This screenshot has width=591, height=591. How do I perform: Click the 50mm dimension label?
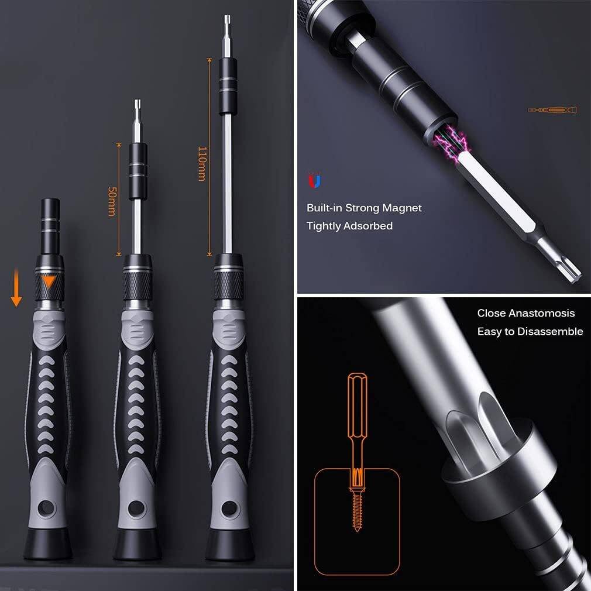click(112, 201)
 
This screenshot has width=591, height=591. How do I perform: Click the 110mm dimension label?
click(202, 164)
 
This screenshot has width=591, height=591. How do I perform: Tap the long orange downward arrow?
click(16, 287)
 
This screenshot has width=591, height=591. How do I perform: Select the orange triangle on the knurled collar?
click(49, 281)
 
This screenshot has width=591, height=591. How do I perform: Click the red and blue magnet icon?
click(314, 181)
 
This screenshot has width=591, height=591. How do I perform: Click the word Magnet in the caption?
click(402, 208)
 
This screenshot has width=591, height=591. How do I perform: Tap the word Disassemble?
click(550, 332)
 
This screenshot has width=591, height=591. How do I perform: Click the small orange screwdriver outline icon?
click(552, 110)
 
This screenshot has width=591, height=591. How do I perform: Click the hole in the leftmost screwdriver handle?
click(46, 508)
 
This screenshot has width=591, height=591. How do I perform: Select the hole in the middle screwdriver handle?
click(136, 508)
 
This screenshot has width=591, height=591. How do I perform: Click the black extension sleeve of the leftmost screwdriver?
click(50, 226)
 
